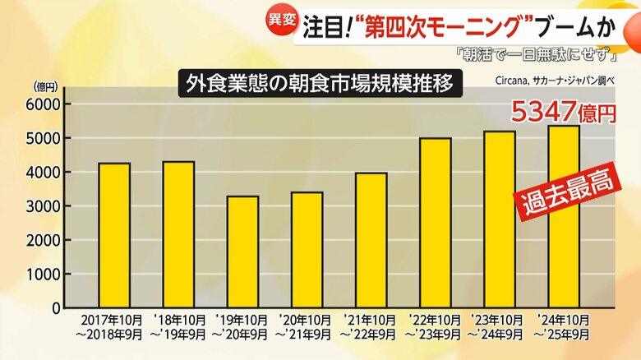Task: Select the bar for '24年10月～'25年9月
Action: pyautogui.click(x=564, y=217)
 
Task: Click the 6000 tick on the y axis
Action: pyautogui.click(x=45, y=104)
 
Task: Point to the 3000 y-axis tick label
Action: pyautogui.click(x=45, y=206)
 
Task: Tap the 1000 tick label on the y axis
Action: pyautogui.click(x=45, y=275)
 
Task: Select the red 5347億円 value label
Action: pyautogui.click(x=563, y=111)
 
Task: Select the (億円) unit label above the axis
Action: pyautogui.click(x=45, y=85)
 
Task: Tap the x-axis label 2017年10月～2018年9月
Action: pyautogui.click(x=113, y=327)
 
